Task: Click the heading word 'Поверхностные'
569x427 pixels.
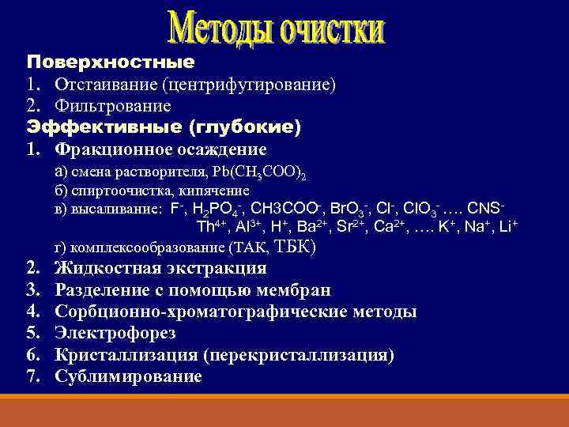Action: pyautogui.click(x=110, y=61)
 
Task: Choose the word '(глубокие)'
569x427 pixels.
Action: pyautogui.click(x=245, y=127)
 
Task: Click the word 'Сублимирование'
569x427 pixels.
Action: pyautogui.click(x=128, y=376)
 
